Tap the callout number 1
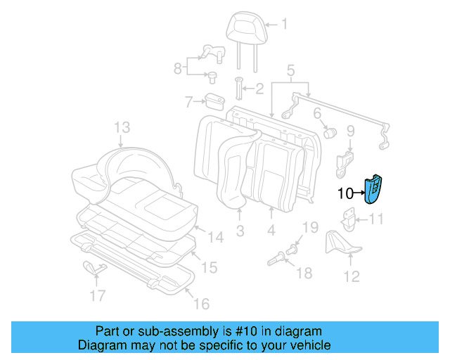click(285, 25)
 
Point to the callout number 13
click(122, 127)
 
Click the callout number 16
click(202, 304)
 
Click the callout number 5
click(290, 70)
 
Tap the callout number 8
click(179, 67)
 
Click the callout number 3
click(240, 231)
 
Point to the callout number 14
click(217, 238)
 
